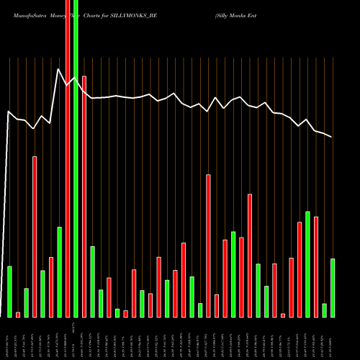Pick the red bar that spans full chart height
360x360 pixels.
tap(68, 180)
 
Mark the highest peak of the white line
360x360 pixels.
tap(58, 69)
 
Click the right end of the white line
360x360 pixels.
tap(332, 137)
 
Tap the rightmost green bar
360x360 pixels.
tap(333, 287)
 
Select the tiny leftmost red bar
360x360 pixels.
tap(18, 315)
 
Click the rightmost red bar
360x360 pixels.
tap(316, 266)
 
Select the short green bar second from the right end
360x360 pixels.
tap(325, 310)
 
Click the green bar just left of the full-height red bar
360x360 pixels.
tap(59, 271)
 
